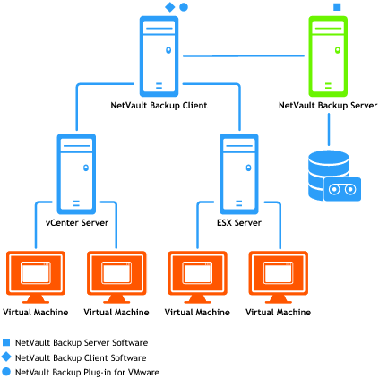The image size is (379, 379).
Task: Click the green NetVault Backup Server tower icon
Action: pyautogui.click(x=328, y=56)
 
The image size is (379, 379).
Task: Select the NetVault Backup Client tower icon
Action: pyautogui.click(x=159, y=56)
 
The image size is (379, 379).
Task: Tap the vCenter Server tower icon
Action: pyautogui.click(x=76, y=174)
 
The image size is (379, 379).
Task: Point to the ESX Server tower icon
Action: pyautogui.click(x=239, y=174)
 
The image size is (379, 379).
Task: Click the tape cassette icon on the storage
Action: pyautogui.click(x=342, y=189)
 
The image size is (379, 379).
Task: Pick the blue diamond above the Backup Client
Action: pyautogui.click(x=170, y=7)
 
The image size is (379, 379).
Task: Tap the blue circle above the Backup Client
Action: pyautogui.click(x=184, y=7)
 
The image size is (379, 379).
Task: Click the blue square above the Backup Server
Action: pyautogui.click(x=337, y=7)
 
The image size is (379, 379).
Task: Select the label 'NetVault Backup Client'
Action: pyautogui.click(x=159, y=106)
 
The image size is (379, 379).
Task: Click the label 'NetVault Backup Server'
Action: pyautogui.click(x=328, y=106)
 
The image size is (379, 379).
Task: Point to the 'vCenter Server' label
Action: pyautogui.click(x=77, y=223)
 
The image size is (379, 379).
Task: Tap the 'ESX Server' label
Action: pyautogui.click(x=239, y=223)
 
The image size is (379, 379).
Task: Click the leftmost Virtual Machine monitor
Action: pyautogui.click(x=36, y=277)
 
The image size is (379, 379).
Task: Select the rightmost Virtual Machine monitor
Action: pyautogui.click(x=279, y=277)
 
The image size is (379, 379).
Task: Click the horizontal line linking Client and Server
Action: pyautogui.click(x=244, y=56)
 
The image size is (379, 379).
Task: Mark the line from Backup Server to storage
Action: pyautogui.click(x=329, y=129)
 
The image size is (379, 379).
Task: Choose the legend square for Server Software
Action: pyautogui.click(x=6, y=342)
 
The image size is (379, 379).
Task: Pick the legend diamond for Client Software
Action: pyautogui.click(x=6, y=357)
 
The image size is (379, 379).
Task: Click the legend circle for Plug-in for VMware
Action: pyautogui.click(x=6, y=372)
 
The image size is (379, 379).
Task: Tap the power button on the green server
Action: pyautogui.click(x=338, y=50)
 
